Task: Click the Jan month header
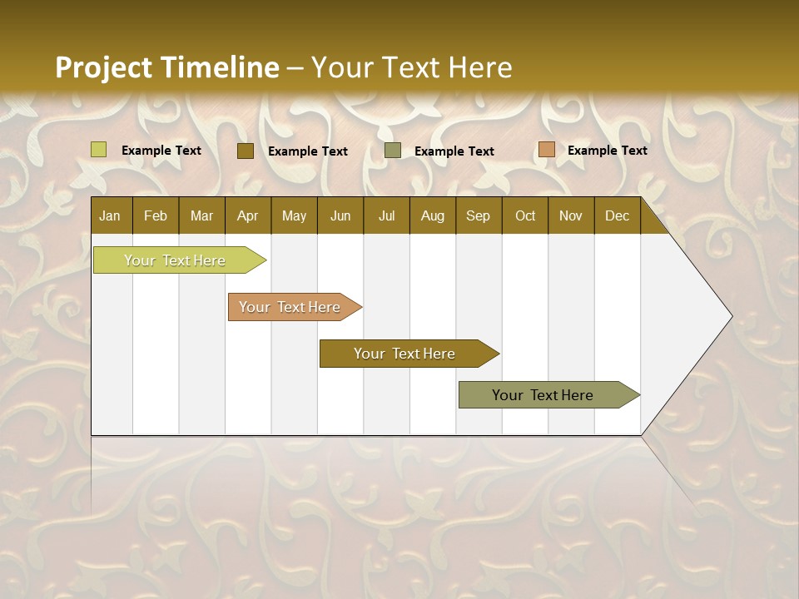pos(110,215)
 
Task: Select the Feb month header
pos(156,215)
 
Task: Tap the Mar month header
pos(201,215)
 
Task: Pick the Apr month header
pos(248,215)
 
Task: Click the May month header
pos(294,215)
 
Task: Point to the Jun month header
pos(340,215)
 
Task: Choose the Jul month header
pos(386,215)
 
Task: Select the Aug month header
pos(433,215)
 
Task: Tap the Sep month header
pos(479,215)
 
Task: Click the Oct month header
pos(525,215)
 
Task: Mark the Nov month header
pos(571,215)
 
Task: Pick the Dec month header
pos(617,215)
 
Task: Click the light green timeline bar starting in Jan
pos(176,260)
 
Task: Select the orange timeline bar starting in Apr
pos(290,307)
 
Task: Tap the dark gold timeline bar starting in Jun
pos(405,354)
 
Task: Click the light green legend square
pos(99,150)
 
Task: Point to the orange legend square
pos(546,150)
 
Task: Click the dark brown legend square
pos(246,151)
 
